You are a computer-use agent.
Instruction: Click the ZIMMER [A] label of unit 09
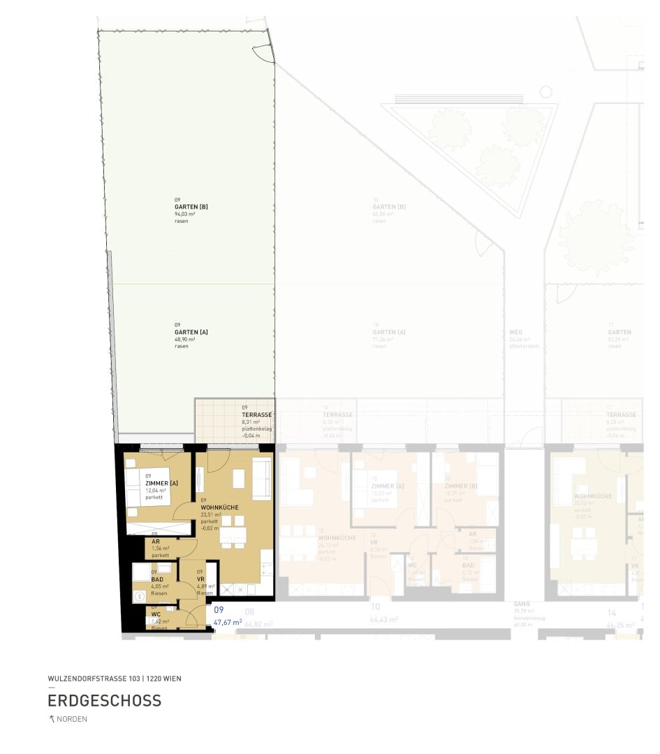point(161,483)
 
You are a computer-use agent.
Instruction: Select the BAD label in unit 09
point(157,579)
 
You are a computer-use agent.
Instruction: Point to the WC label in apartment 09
point(155,614)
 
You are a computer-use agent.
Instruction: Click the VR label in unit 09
point(200,579)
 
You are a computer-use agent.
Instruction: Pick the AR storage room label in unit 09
point(155,541)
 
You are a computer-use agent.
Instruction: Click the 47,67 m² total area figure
point(228,621)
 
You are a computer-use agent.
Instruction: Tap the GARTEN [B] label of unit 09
point(191,207)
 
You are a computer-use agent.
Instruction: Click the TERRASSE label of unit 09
point(256,415)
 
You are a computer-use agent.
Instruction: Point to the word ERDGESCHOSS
point(105,700)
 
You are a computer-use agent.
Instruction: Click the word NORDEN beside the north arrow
point(72,720)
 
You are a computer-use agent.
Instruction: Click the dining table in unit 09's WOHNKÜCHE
point(233,535)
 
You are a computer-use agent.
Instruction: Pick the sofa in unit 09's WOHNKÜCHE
point(262,478)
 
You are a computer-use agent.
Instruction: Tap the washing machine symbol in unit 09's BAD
point(138,596)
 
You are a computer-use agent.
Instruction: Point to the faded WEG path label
point(516,332)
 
